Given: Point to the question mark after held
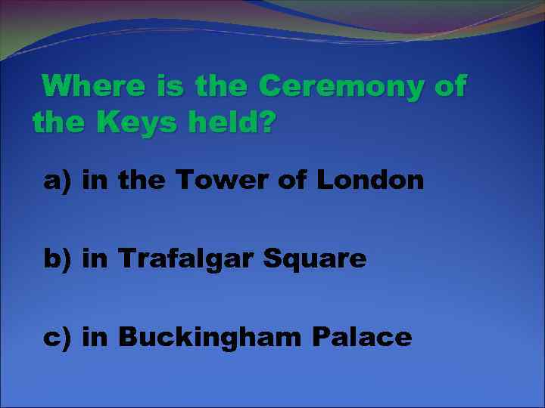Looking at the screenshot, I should [x=266, y=121].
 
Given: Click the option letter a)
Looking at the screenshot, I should [x=58, y=181].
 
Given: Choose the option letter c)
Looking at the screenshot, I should [x=58, y=337].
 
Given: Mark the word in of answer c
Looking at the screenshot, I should [x=95, y=337].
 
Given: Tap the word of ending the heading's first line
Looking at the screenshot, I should [x=450, y=86].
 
